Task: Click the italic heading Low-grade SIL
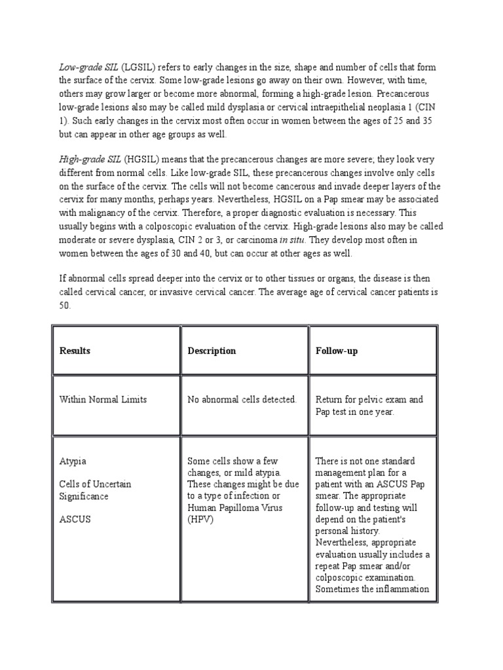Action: tap(87, 68)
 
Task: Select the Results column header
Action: tap(75, 351)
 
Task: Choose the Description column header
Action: tap(212, 351)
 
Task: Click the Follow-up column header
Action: tap(336, 351)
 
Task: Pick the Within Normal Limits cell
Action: tap(103, 399)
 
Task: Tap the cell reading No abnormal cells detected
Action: tap(242, 399)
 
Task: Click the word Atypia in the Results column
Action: tap(73, 461)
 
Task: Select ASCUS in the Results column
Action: tap(75, 520)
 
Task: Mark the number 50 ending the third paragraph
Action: tap(65, 306)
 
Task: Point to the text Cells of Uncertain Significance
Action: tap(95, 490)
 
